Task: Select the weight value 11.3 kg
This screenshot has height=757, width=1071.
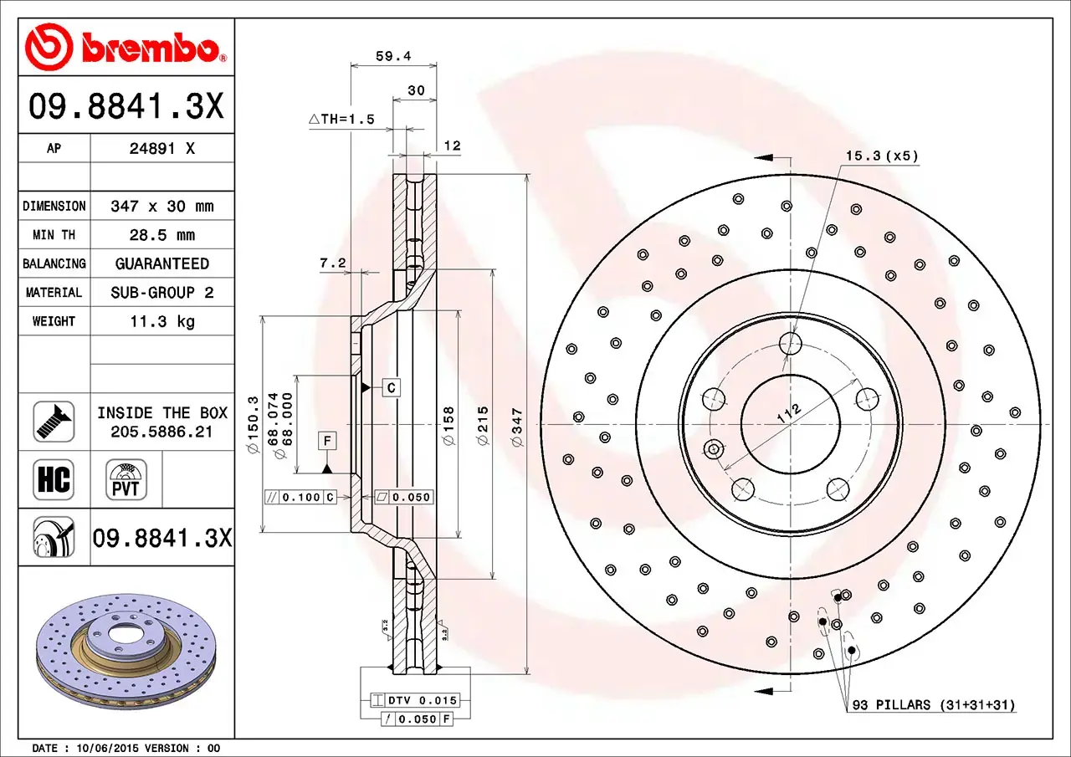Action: coord(161,321)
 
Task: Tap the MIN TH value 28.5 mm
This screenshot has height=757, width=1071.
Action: coord(161,235)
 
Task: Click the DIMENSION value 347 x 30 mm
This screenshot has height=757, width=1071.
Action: coord(161,206)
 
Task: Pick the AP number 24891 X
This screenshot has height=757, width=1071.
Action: coord(161,149)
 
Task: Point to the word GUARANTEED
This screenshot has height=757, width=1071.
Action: coord(161,263)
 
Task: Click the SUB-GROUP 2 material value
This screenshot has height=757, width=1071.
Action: coord(161,293)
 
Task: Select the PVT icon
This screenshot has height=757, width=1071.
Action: coord(126,480)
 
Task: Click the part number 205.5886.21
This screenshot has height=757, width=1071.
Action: coord(161,432)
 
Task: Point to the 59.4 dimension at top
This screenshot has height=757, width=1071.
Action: coord(393,57)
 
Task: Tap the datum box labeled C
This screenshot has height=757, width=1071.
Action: coord(392,387)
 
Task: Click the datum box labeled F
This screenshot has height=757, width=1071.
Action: coord(327,440)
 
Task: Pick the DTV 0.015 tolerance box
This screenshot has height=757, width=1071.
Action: coord(414,700)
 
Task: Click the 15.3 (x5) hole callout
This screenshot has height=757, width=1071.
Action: coord(881,156)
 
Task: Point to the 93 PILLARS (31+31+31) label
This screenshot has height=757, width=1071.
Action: coord(933,705)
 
